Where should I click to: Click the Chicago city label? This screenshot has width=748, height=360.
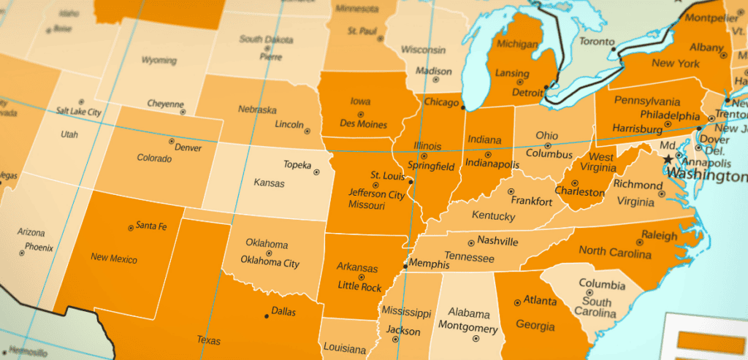tap(440, 102)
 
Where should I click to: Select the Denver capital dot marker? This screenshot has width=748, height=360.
tap(172, 141)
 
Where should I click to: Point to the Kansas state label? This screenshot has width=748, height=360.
tap(269, 182)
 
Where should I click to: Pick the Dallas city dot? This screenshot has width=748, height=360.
tap(266, 316)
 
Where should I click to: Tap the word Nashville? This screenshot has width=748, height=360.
tap(497, 241)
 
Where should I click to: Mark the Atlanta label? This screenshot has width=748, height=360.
tap(541, 300)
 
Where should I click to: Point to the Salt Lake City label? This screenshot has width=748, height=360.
tap(78, 112)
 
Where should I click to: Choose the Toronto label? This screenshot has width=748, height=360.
tap(598, 42)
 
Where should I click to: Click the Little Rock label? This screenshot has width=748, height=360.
tap(359, 286)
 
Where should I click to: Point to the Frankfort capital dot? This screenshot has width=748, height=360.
tap(511, 191)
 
